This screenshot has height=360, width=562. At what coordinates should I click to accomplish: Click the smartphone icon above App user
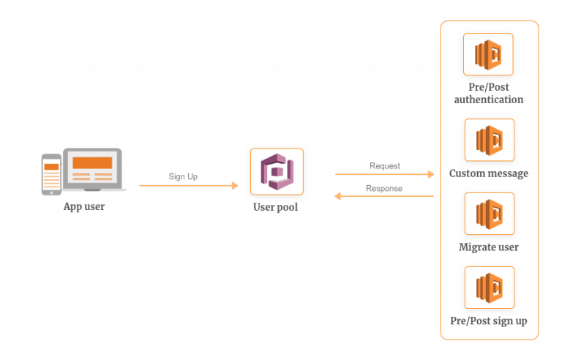51,175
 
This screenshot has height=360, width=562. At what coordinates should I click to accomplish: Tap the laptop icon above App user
94,169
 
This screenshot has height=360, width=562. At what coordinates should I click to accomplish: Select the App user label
84,207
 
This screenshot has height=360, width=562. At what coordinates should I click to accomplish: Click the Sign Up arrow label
183,176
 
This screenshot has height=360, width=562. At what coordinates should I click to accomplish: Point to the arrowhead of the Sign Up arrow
235,185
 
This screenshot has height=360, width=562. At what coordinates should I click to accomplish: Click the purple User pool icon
277,172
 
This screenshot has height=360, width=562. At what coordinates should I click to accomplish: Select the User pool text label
276,207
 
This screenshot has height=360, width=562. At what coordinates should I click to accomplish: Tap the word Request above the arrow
385,165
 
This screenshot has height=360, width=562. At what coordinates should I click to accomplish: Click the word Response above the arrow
384,188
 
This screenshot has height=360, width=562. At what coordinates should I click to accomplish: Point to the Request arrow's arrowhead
431,174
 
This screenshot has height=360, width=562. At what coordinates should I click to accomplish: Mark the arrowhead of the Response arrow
337,196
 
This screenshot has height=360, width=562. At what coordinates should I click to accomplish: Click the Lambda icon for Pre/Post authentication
488,54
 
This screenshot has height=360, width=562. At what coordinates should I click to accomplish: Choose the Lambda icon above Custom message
490,140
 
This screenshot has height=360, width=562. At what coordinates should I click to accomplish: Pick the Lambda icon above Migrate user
490,214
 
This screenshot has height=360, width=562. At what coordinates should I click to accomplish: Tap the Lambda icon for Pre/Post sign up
490,288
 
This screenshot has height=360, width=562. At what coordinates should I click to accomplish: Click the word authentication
489,100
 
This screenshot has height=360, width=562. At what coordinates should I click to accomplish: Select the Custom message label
489,173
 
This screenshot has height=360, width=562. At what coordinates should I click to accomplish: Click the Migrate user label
489,247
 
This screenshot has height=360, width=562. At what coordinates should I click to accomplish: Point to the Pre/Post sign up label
489,321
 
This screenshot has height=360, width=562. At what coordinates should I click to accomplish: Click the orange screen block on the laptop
92,162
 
